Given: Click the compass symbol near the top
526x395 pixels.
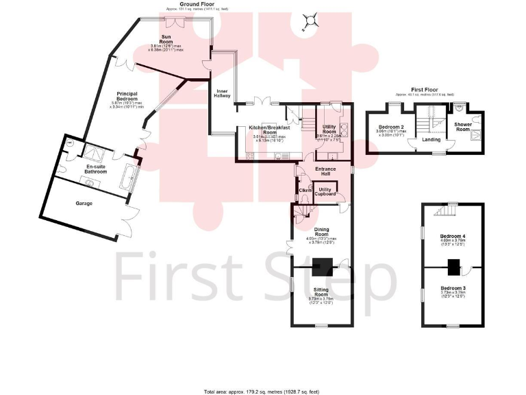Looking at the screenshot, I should tap(310, 22).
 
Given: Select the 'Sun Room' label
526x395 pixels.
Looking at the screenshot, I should tap(166, 38).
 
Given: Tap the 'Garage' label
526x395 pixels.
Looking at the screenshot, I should tap(84, 204).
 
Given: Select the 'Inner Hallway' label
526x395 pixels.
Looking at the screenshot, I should tap(223, 94).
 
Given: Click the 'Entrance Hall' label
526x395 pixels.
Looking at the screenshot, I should tap(325, 172).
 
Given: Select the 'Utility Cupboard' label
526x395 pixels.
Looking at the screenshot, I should tap(325, 191).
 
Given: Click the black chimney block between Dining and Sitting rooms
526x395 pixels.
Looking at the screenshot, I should tap(322, 265).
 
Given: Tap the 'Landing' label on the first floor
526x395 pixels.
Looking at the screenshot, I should tap(431, 140).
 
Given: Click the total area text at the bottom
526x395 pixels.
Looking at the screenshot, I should tap(262, 391).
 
